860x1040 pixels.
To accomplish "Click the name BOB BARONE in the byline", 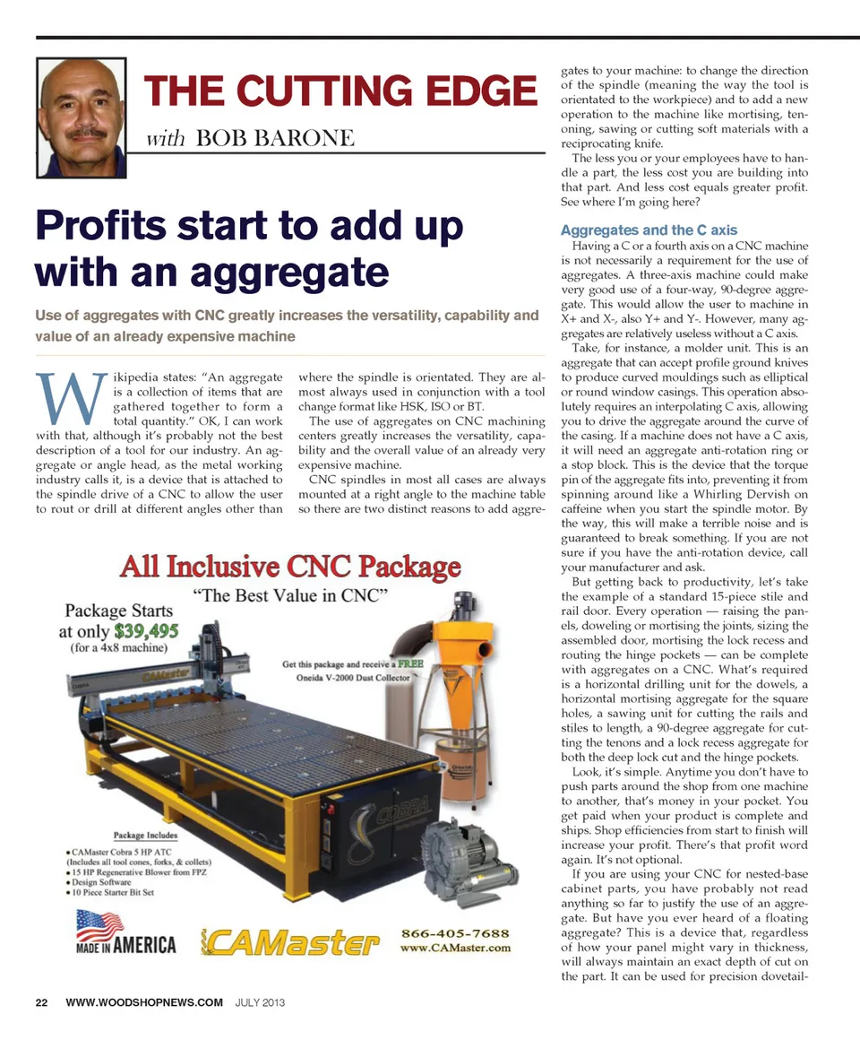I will pos(273,137).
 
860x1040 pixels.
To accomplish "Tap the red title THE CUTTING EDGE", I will pos(340,92).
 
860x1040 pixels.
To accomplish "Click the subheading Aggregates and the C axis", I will pos(649,230).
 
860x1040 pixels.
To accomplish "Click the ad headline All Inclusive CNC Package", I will pos(291,567).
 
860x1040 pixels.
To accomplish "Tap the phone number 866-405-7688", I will pos(457,932).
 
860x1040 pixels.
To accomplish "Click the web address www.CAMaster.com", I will pos(456,947).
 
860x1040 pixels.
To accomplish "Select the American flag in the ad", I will pos(99,924).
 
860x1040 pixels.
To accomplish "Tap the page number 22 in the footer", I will pos(42,1001).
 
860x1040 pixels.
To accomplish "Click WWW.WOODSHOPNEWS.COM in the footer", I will pos(144,1001).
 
